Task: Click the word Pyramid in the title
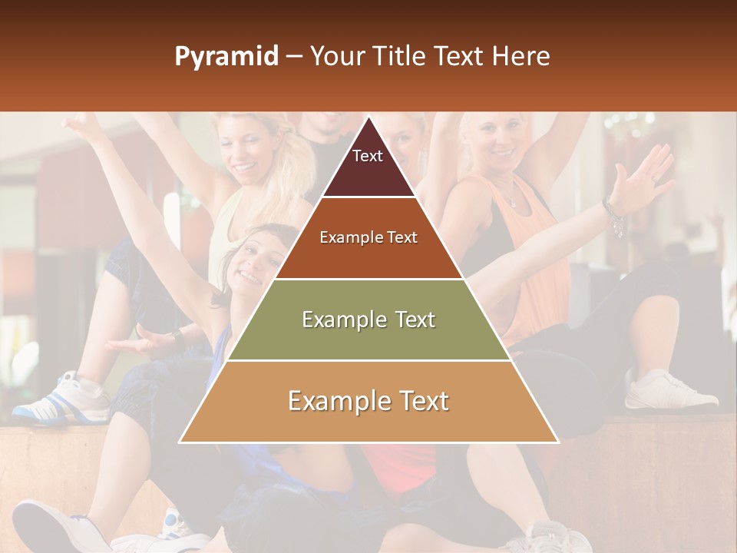pyautogui.click(x=226, y=57)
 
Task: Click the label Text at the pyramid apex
pyautogui.click(x=368, y=156)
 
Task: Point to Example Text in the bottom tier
pyautogui.click(x=368, y=401)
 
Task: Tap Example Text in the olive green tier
pyautogui.click(x=368, y=320)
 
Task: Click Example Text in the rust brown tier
pyautogui.click(x=368, y=237)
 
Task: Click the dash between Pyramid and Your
pyautogui.click(x=294, y=57)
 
